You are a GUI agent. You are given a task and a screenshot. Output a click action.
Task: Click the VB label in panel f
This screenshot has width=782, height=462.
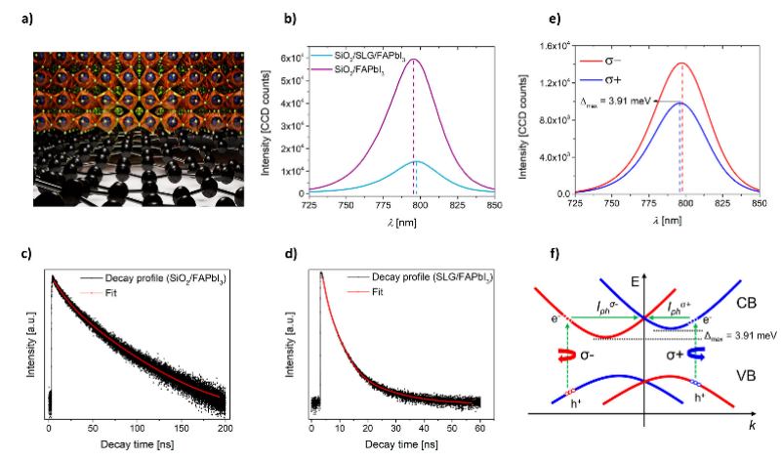click(x=746, y=372)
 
